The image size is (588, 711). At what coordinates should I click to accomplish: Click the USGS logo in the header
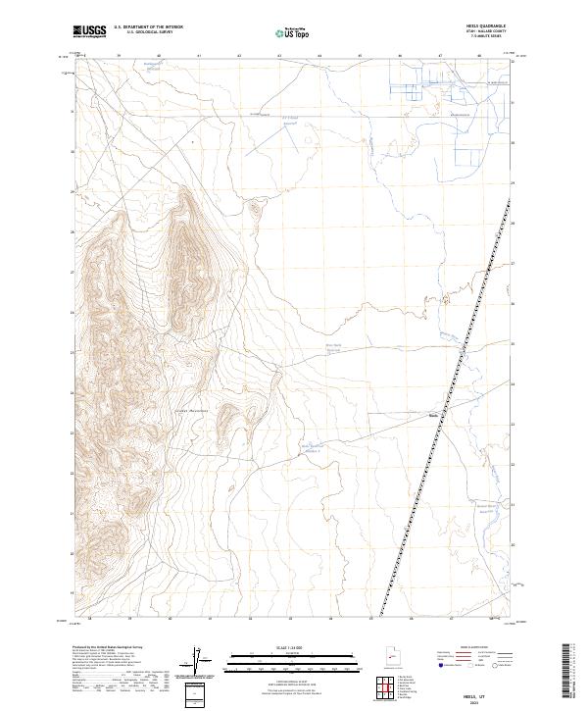89,32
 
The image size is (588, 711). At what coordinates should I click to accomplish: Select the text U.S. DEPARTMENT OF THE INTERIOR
148,27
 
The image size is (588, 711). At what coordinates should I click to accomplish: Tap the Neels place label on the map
433,414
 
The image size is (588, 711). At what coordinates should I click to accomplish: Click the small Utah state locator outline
384,661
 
